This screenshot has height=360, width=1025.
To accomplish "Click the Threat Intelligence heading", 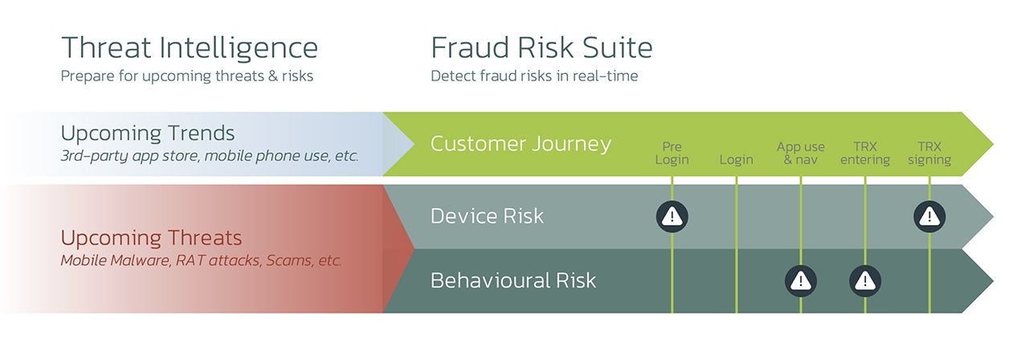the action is [190, 48].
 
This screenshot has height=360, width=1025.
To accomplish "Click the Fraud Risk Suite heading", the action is [541, 47].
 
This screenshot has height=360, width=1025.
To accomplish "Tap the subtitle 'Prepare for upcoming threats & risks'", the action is [186, 76].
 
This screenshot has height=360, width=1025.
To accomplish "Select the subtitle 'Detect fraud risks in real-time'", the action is [534, 76].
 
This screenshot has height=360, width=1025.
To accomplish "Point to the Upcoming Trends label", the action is [147, 133].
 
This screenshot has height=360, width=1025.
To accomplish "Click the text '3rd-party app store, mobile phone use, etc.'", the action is [209, 156].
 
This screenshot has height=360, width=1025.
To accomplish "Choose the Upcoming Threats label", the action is [151, 238].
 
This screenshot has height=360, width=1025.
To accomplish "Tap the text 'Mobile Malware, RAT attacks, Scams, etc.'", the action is [201, 260].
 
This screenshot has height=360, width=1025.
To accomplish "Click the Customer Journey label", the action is [521, 144].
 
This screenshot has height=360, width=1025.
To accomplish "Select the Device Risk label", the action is [487, 215].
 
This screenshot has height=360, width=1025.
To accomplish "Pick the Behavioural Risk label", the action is [513, 280].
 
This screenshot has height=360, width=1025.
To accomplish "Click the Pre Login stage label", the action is [672, 153].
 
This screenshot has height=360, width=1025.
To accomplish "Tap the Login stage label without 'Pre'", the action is [736, 160].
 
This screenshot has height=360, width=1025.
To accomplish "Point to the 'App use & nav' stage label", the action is [800, 153].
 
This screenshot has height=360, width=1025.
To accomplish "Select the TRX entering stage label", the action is [865, 153].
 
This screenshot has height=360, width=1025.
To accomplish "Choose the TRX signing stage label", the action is [929, 153].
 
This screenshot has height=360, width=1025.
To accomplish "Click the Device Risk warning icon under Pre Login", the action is [672, 216].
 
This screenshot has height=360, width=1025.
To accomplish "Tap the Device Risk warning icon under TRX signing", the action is [929, 216].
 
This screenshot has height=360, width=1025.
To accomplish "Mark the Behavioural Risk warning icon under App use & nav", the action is [800, 280].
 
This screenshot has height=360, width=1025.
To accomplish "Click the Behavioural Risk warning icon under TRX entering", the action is [865, 280].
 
